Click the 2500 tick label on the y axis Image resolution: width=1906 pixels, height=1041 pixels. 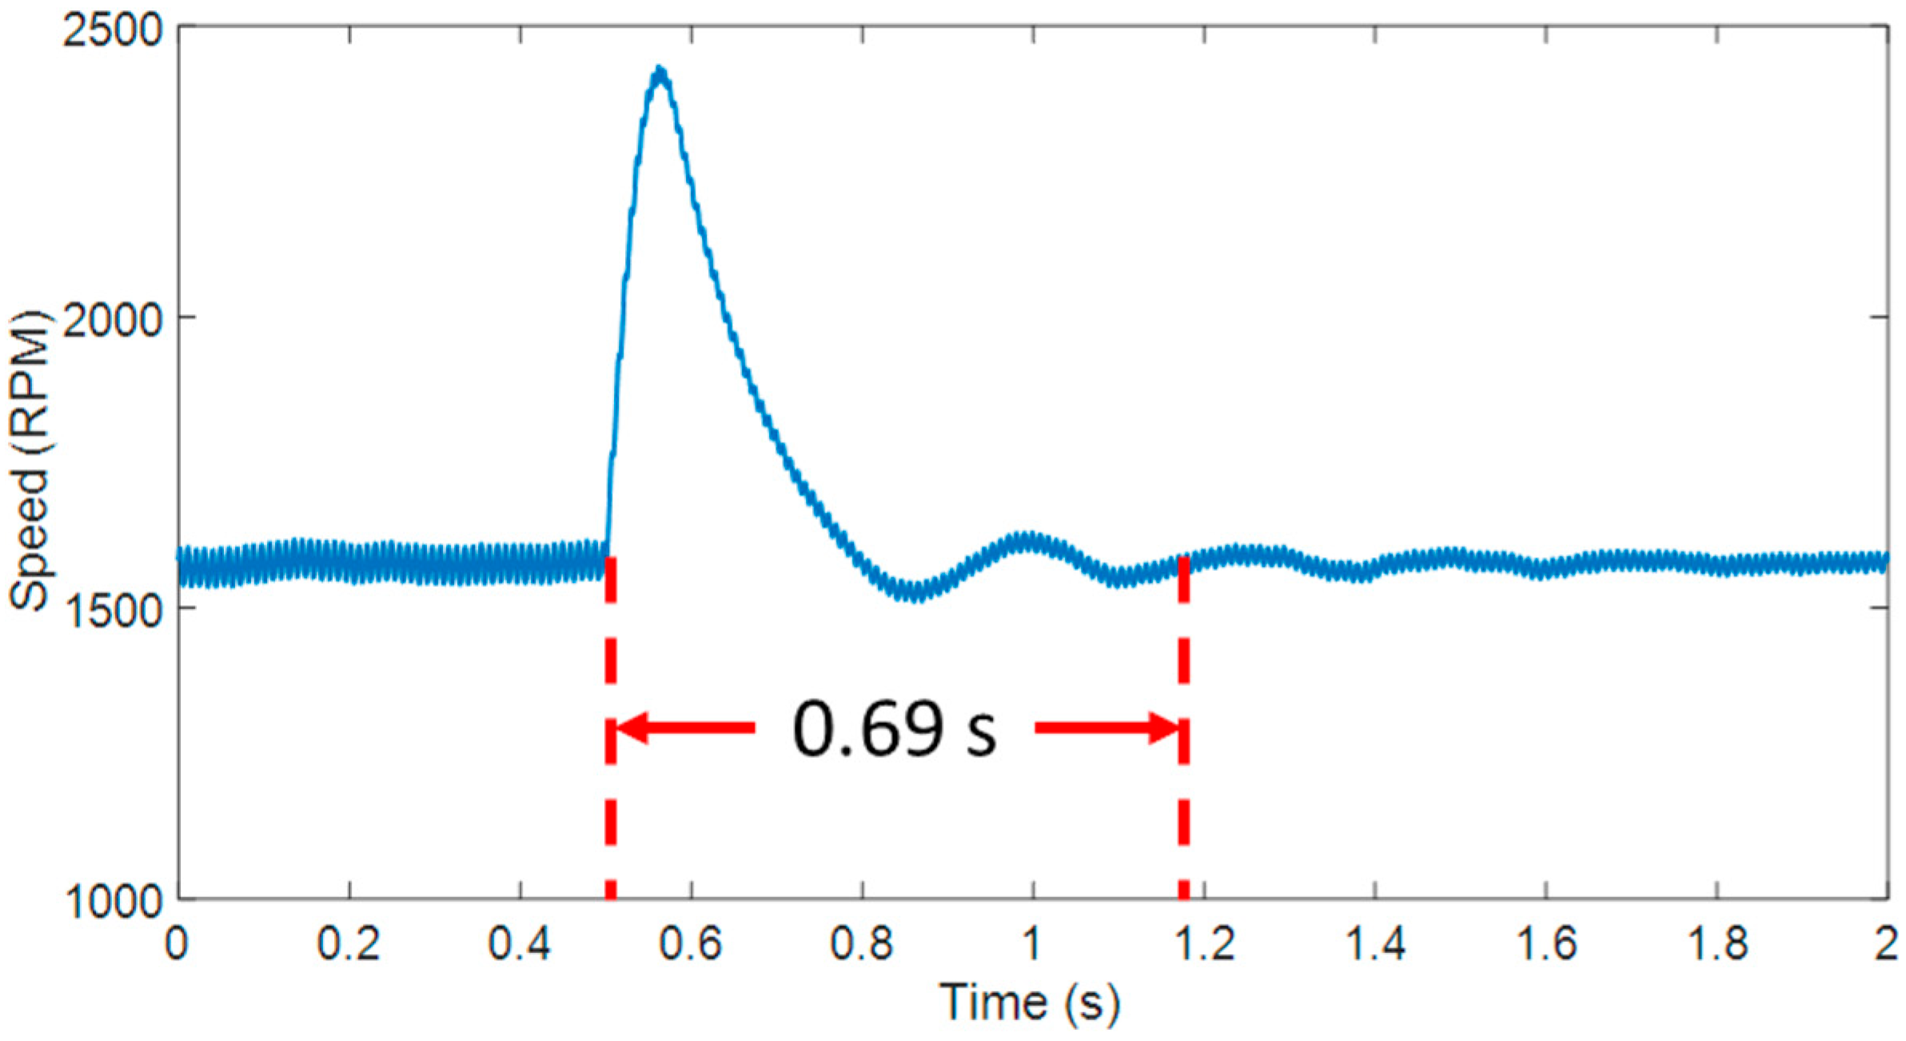pyautogui.click(x=113, y=32)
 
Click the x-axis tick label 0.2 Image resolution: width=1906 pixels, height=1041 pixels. pyautogui.click(x=349, y=944)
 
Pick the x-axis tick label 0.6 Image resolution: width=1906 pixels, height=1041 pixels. pyautogui.click(x=691, y=944)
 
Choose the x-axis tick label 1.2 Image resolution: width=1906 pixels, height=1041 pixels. pyautogui.click(x=1204, y=944)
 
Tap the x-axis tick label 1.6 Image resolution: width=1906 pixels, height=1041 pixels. pyautogui.click(x=1546, y=944)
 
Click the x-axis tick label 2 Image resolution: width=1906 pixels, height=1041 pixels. pyautogui.click(x=1886, y=944)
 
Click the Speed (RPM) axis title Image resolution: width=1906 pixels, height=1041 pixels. pyautogui.click(x=30, y=461)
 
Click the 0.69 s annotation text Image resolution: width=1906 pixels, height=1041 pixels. pyautogui.click(x=894, y=728)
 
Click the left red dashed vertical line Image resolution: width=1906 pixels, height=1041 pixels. pyautogui.click(x=610, y=800)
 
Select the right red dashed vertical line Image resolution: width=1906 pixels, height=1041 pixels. pyautogui.click(x=1184, y=800)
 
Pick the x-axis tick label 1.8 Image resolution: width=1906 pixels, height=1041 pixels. pyautogui.click(x=1717, y=944)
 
